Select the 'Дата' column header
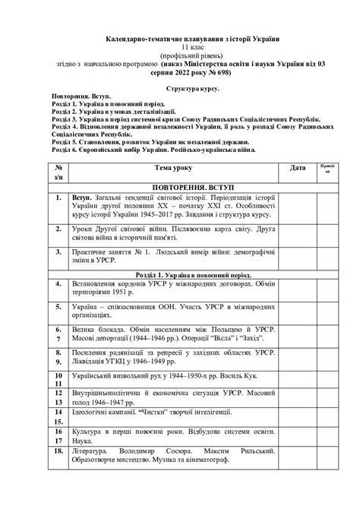(298, 166)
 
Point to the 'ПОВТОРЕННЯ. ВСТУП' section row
(182, 186)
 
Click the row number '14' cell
(58, 431)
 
